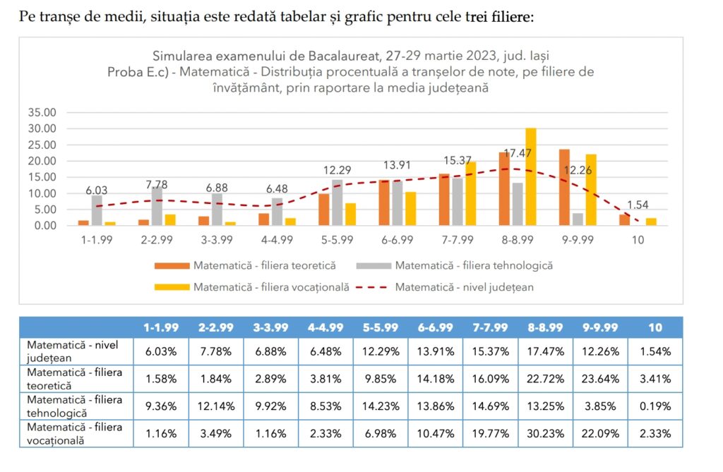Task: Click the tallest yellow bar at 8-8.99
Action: click(531, 176)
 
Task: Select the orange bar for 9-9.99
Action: click(564, 187)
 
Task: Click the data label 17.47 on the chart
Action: click(517, 152)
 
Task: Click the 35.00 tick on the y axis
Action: click(42, 112)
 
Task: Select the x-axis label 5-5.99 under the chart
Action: click(337, 240)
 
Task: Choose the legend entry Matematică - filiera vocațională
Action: click(271, 287)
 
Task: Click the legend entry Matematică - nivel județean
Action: click(464, 287)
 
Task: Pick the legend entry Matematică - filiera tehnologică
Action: click(473, 266)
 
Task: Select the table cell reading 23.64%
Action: click(600, 378)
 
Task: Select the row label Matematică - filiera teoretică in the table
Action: click(75, 378)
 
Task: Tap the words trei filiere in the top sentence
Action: click(499, 16)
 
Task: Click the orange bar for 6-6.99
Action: click(384, 202)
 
